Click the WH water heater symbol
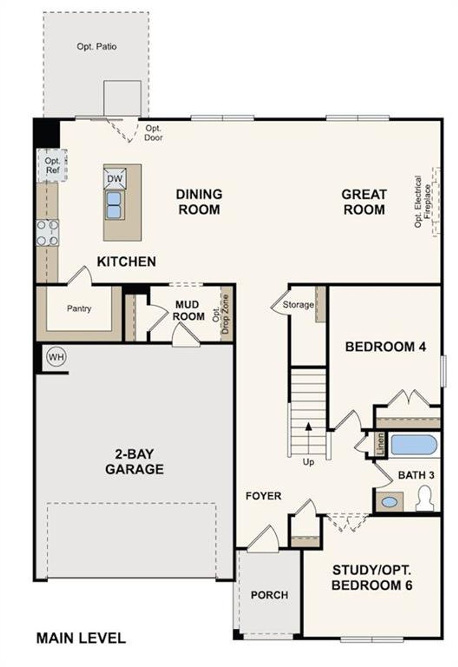click(57, 357)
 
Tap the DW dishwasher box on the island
click(115, 179)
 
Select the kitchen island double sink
click(114, 205)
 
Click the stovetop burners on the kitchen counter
click(48, 233)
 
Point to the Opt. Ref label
click(53, 166)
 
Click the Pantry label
click(79, 308)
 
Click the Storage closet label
click(298, 305)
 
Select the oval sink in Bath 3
click(389, 502)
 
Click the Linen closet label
click(381, 445)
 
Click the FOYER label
click(263, 496)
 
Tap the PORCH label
click(269, 595)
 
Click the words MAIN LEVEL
click(81, 638)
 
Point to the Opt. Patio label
click(97, 47)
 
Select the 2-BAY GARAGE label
click(135, 462)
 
